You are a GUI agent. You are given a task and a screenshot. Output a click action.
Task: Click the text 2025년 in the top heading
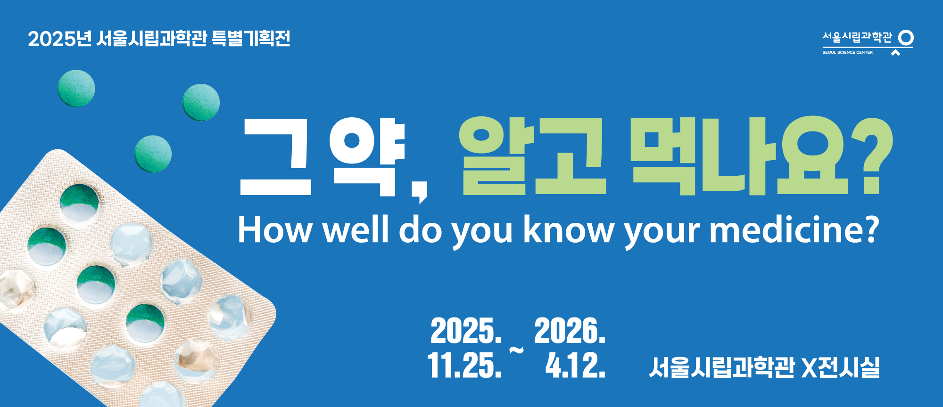click(x=59, y=39)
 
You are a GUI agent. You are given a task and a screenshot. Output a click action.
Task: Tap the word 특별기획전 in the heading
click(x=251, y=38)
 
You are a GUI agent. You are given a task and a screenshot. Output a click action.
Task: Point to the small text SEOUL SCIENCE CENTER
click(x=847, y=52)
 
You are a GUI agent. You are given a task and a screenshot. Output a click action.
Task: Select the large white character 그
click(x=276, y=156)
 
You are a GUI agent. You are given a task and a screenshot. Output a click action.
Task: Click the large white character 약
click(x=367, y=156)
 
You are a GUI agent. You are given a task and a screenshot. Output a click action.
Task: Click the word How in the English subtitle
click(x=274, y=230)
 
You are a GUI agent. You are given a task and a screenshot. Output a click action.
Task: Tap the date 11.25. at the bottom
click(x=464, y=366)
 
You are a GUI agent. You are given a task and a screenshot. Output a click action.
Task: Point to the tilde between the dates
click(x=517, y=350)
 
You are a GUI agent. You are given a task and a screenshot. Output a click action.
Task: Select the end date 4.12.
click(x=575, y=366)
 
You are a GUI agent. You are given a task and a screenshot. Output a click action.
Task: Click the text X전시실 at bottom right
click(x=840, y=367)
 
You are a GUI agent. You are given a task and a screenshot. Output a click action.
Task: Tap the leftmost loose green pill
click(x=76, y=88)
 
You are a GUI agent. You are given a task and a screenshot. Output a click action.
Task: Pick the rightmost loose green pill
click(x=201, y=102)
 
